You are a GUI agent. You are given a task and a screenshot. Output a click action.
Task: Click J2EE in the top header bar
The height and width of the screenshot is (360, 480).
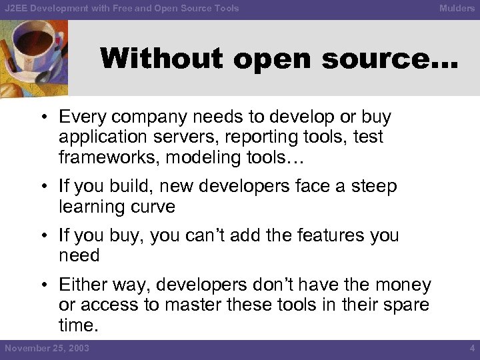click(16, 9)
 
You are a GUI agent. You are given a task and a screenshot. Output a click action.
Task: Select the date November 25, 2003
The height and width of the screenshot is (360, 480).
click(47, 348)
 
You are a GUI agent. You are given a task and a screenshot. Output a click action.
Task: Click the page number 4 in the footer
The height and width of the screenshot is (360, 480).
click(471, 348)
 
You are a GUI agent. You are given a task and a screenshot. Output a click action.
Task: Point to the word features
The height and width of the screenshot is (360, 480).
click(313, 235)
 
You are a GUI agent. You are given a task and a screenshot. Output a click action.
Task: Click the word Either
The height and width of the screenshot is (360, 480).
click(82, 285)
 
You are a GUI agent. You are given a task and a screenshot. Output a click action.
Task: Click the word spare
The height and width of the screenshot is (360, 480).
click(404, 305)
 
